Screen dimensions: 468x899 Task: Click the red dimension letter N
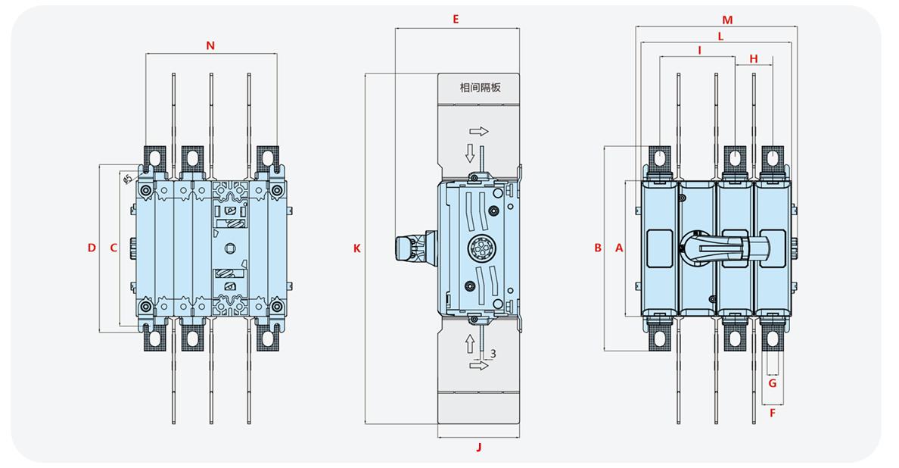coord(210,45)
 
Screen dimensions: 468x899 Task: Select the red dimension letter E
coord(456,20)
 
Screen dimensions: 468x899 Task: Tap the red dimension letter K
coord(356,248)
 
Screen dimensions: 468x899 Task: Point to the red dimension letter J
coord(478,447)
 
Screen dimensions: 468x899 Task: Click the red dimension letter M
coord(727,20)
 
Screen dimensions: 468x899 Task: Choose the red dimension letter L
coord(720,36)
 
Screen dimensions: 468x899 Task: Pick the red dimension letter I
coord(700,50)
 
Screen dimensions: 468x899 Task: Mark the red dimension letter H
coord(753,58)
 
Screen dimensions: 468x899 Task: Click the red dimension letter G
coord(772,383)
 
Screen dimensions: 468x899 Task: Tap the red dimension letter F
coord(772,413)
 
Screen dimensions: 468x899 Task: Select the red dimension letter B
coord(597,248)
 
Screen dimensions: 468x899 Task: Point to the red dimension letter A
coord(617,248)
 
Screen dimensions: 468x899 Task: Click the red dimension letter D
coord(92,248)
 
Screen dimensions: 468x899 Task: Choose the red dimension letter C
coord(114,248)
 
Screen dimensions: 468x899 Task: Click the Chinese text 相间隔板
coord(480,87)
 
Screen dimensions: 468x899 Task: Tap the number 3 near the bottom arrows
coord(493,354)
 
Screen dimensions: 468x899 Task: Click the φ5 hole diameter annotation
coord(127,178)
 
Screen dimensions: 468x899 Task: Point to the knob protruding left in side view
coord(412,248)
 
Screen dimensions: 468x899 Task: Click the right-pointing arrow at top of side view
coord(479,131)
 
